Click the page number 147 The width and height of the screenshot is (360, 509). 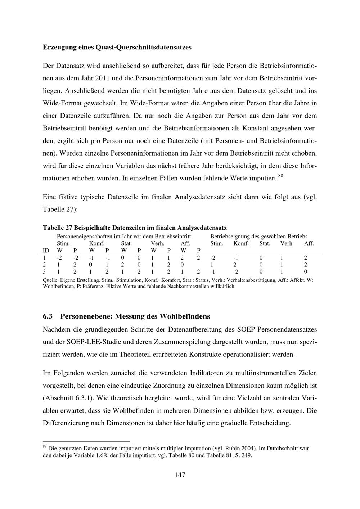[180, 475]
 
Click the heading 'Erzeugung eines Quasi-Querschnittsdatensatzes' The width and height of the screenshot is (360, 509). [117, 47]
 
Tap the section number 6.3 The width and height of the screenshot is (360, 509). [48, 316]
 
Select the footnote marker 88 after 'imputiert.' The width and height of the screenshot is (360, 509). [281, 176]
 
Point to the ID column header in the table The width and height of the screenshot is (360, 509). [46, 250]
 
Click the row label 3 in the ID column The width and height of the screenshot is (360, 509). [44, 271]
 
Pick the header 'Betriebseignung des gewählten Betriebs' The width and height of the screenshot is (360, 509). [258, 237]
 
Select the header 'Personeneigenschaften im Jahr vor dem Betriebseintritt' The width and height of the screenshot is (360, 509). [124, 237]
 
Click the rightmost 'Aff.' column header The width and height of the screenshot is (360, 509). [309, 243]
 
